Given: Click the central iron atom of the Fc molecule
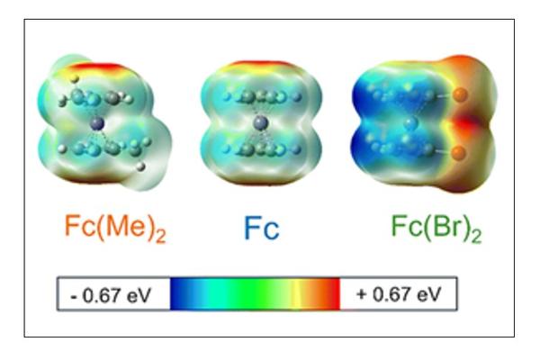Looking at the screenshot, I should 260,122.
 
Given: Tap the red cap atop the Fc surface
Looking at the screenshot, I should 260,67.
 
